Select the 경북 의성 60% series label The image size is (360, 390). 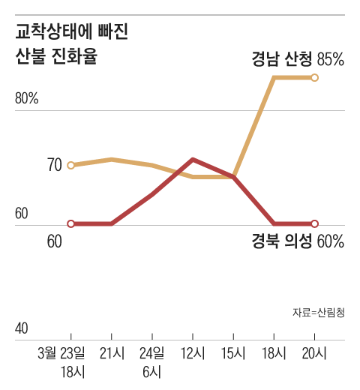297,241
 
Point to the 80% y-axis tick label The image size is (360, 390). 27,99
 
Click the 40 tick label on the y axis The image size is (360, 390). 22,329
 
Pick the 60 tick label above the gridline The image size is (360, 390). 22,214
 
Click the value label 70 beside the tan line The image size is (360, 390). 54,165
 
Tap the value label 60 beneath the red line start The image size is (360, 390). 54,241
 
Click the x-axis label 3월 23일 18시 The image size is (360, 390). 61,361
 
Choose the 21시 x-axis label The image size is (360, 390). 112,352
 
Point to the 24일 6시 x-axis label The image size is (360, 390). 152,361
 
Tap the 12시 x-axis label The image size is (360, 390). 193,352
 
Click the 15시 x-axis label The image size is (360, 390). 234,352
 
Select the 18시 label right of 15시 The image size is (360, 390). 274,352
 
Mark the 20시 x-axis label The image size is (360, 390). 315,352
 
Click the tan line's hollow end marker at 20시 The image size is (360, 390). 315,77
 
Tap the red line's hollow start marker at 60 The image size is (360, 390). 71,223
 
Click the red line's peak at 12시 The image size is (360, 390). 193,159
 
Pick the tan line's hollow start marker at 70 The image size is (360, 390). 71,165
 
